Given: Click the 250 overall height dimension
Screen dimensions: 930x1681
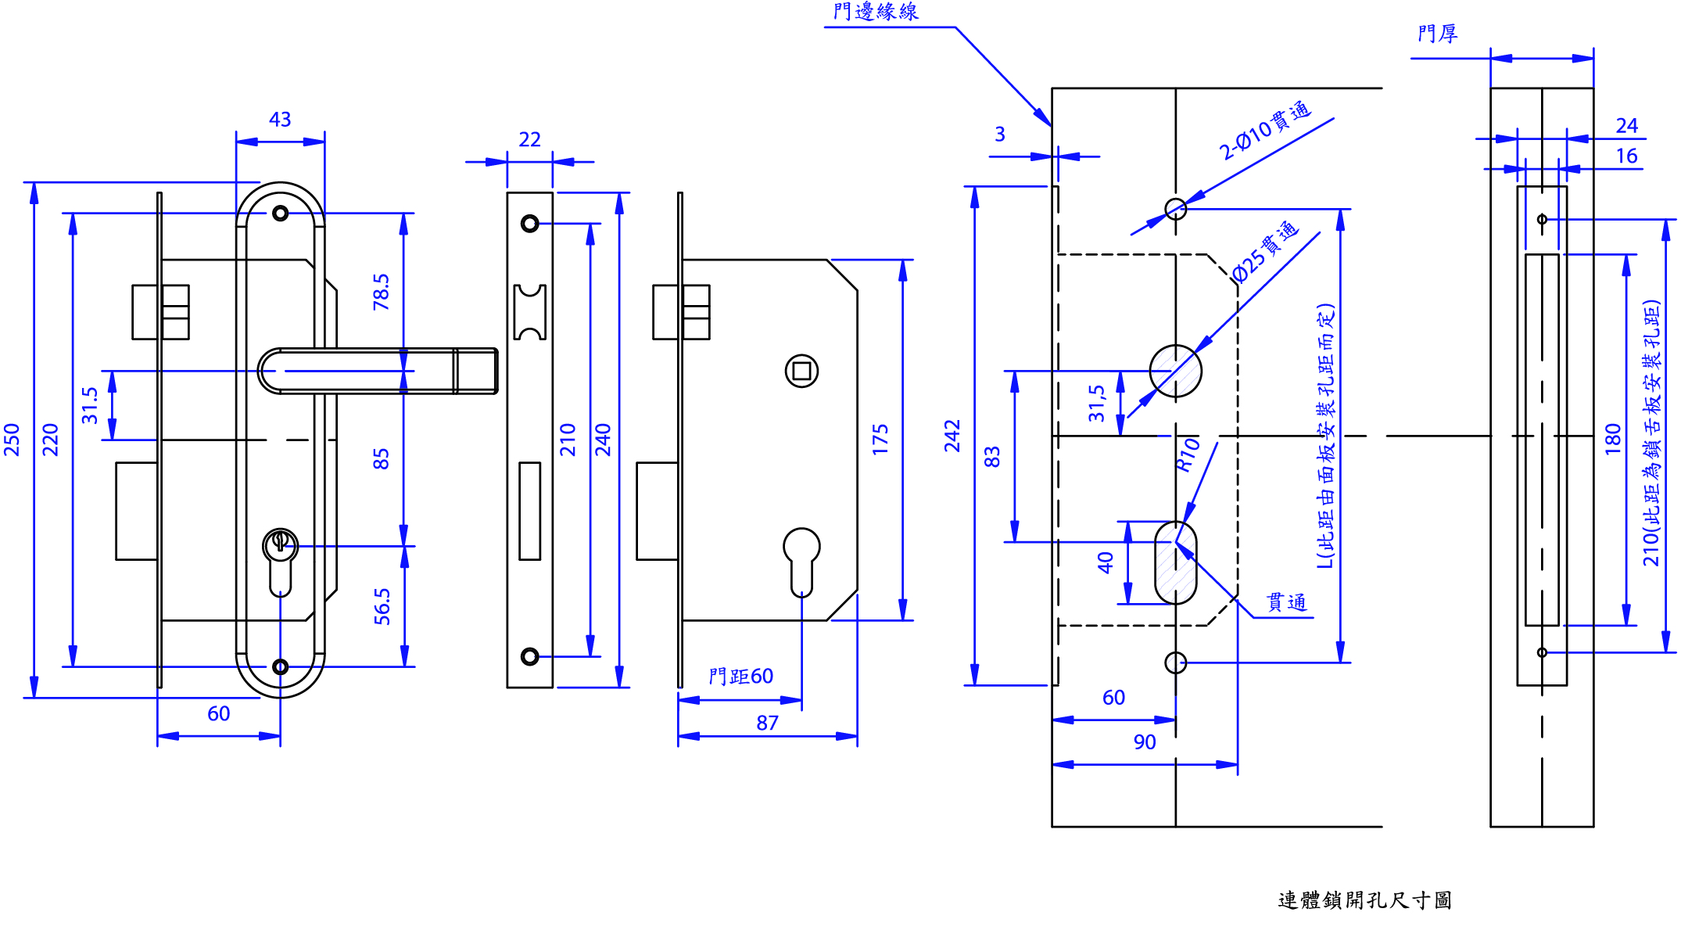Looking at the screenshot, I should click(12, 440).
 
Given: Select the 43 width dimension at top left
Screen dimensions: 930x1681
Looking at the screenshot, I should click(280, 120).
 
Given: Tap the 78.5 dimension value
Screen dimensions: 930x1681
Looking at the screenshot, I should click(381, 292).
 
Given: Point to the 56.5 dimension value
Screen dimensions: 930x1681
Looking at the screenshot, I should click(382, 606).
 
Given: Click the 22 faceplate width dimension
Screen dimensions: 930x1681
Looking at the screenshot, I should click(529, 139).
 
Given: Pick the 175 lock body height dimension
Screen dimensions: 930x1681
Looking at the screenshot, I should click(880, 440).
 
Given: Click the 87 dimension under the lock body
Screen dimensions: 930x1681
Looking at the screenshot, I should click(767, 724).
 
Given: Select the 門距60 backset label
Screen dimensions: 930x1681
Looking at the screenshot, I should click(740, 677).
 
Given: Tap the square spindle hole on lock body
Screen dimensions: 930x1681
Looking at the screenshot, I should click(801, 371).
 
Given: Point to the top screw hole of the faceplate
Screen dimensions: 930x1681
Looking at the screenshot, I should click(529, 224).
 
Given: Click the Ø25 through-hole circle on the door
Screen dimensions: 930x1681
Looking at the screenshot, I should click(1175, 371).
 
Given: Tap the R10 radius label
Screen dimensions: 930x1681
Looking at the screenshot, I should click(1188, 454).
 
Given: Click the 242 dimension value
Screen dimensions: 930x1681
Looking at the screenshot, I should click(952, 436).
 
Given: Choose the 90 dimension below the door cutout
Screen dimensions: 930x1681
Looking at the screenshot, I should click(1144, 742).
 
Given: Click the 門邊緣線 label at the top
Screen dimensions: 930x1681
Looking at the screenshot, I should click(876, 12).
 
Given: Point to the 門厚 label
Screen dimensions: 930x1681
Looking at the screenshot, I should click(1437, 34).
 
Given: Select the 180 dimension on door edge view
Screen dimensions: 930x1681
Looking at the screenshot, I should click(1612, 440).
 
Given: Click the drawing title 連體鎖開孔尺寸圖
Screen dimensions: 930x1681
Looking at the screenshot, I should click(1364, 900).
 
